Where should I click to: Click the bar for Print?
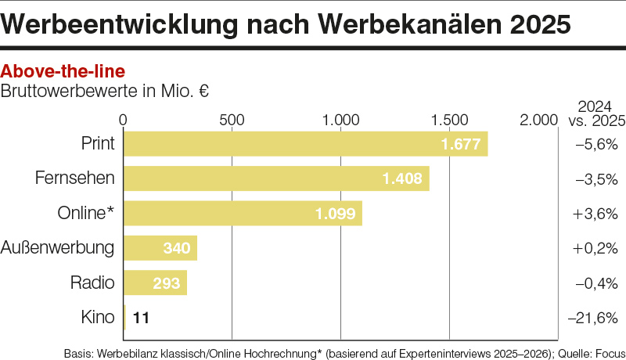pyautogui.click(x=305, y=144)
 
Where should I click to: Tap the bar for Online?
pyautogui.click(x=243, y=213)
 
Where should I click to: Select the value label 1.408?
pyautogui.click(x=402, y=179)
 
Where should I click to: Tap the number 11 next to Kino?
pyautogui.click(x=141, y=318)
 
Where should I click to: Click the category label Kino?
pyautogui.click(x=98, y=317)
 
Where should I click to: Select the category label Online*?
pyautogui.click(x=86, y=213)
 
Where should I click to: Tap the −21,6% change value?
pyautogui.click(x=592, y=318)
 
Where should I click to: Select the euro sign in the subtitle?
pyautogui.click(x=203, y=91)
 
